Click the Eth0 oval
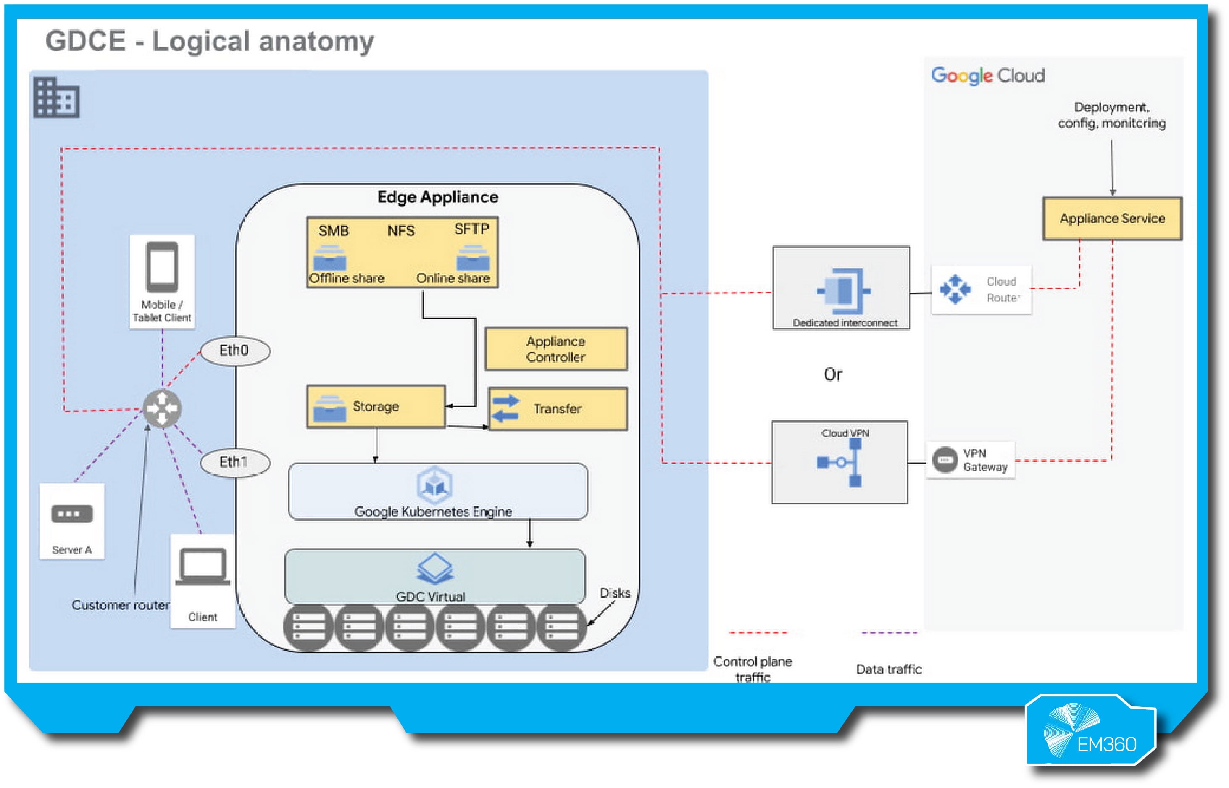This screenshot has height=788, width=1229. coord(235,351)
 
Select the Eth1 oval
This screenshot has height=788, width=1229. coord(235,463)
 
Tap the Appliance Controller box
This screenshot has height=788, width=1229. coord(556,349)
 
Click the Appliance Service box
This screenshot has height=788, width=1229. coord(1112,219)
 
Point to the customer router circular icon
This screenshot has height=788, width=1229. coord(162,409)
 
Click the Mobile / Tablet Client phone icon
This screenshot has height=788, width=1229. coord(162,267)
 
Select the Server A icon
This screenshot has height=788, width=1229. coord(72,514)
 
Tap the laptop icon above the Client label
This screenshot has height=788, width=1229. coord(203,567)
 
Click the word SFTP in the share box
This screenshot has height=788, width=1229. coord(471,229)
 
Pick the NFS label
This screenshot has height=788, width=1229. coord(400,231)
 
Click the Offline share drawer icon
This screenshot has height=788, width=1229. coord(330,258)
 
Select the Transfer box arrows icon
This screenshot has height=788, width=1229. coord(505,408)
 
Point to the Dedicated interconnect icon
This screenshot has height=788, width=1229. coord(844,291)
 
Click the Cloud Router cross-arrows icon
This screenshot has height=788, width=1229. coord(955,290)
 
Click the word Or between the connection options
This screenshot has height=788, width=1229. coord(833,374)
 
